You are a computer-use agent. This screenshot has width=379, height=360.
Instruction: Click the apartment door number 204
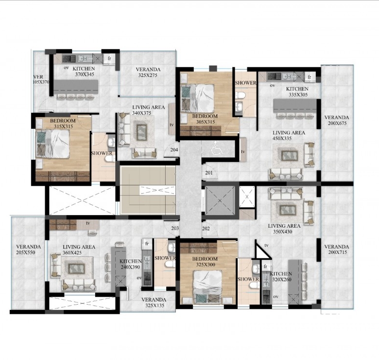click(174, 150)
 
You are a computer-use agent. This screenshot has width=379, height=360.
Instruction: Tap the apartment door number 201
click(209, 173)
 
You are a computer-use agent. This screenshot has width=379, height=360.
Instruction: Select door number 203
click(175, 228)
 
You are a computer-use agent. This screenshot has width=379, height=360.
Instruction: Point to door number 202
click(206, 228)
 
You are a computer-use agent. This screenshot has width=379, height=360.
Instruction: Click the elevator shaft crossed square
click(220, 200)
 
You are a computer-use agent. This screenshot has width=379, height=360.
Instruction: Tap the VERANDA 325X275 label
click(148, 72)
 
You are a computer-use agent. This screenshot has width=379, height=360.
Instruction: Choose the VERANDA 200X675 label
click(337, 120)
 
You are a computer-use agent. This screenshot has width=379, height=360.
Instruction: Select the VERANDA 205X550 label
click(29, 250)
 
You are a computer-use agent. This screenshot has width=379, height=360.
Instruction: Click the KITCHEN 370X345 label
click(84, 72)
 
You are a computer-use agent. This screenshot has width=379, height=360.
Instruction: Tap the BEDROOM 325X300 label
click(205, 262)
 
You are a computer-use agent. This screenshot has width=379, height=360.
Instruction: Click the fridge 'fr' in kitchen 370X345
click(109, 58)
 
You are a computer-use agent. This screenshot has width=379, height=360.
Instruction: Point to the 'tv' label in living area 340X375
click(172, 125)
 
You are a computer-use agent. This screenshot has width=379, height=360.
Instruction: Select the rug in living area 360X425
click(77, 269)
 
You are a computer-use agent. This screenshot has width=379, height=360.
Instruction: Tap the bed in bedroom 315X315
click(52, 144)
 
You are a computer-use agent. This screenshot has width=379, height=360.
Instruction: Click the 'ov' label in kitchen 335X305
click(273, 85)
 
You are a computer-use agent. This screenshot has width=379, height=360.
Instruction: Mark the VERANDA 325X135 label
click(154, 303)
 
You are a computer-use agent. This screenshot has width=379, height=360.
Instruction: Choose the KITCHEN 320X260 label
click(281, 276)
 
